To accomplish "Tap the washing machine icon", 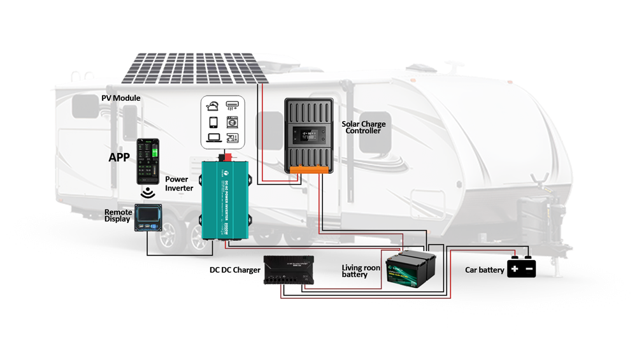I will [232, 121].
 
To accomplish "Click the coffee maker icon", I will [232, 137].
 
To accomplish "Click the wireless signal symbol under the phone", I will [148, 192].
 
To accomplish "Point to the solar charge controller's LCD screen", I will [308, 135].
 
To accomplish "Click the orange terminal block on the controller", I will [309, 169].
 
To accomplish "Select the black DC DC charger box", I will [287, 270].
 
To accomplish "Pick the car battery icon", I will [521, 268].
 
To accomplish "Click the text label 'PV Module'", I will [121, 98].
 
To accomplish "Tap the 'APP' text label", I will [119, 157].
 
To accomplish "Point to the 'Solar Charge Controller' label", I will [363, 127].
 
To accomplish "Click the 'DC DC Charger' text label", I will [234, 270].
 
